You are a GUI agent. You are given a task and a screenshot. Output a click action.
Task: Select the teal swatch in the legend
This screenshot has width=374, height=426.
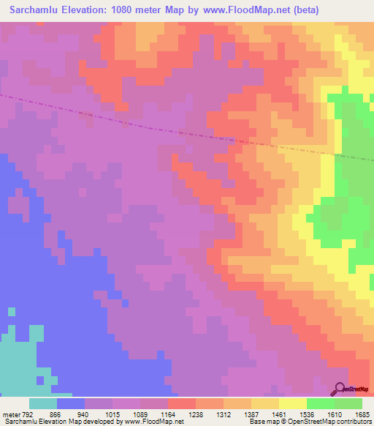tap(43, 403)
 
